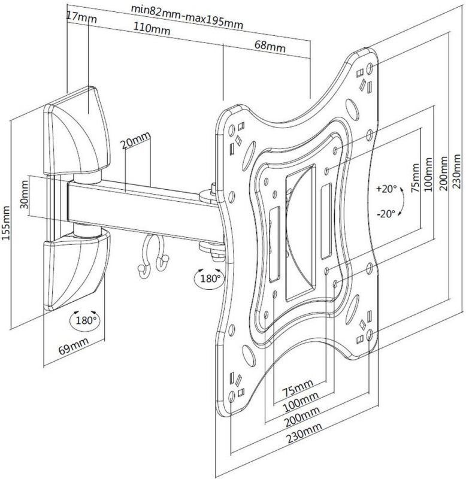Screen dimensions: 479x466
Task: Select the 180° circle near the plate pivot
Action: [209, 278]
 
